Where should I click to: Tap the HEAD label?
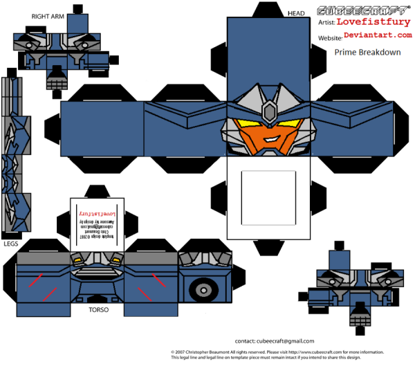(x=296, y=12)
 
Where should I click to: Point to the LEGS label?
(x=11, y=244)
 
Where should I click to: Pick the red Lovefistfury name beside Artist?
(x=371, y=22)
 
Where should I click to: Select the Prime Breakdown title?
(x=367, y=51)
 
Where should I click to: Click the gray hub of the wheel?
(x=203, y=289)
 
